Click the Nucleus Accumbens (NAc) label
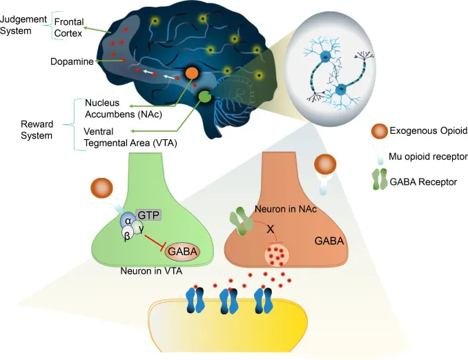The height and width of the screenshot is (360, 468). pyautogui.click(x=118, y=108)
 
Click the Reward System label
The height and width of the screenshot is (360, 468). pyautogui.click(x=36, y=130)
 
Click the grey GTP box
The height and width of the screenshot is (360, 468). pyautogui.click(x=148, y=215)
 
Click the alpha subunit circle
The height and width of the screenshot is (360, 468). pyautogui.click(x=128, y=220)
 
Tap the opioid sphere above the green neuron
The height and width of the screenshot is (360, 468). pyautogui.click(x=101, y=188)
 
